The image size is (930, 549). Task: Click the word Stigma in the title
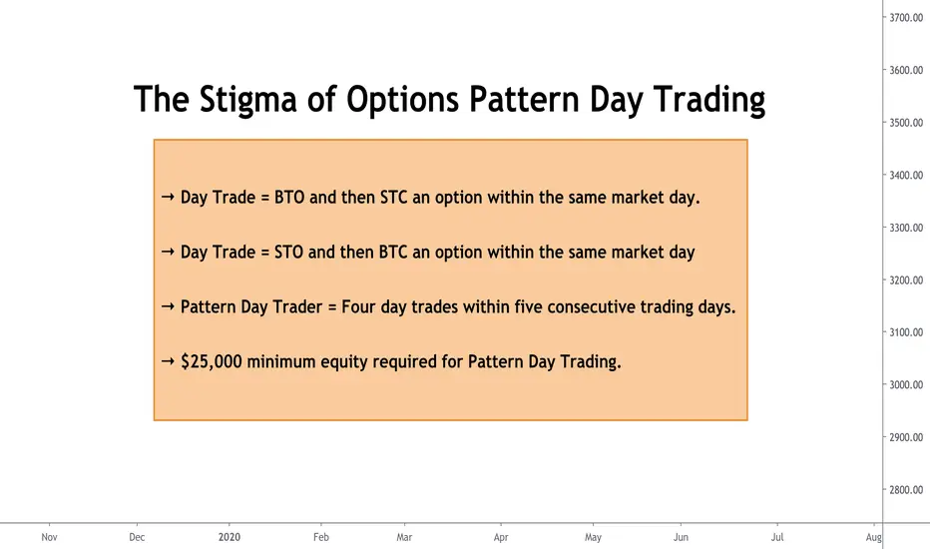pyautogui.click(x=247, y=100)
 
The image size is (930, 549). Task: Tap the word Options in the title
pyautogui.click(x=402, y=100)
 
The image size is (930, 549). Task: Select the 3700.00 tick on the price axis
pyautogui.click(x=906, y=18)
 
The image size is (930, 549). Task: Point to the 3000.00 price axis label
pyautogui.click(x=906, y=384)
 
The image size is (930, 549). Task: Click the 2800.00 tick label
pyautogui.click(x=906, y=490)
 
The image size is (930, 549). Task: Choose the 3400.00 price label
pyautogui.click(x=906, y=175)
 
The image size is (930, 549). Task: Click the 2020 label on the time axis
pyautogui.click(x=229, y=537)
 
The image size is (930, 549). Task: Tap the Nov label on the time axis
pyautogui.click(x=49, y=537)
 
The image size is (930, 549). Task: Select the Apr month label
pyautogui.click(x=501, y=537)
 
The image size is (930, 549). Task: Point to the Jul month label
pyautogui.click(x=777, y=537)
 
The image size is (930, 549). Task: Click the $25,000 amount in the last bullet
pyautogui.click(x=212, y=361)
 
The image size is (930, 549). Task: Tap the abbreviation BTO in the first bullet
pyautogui.click(x=289, y=197)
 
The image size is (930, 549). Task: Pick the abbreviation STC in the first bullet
pyautogui.click(x=394, y=197)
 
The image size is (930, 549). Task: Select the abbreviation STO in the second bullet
pyautogui.click(x=288, y=252)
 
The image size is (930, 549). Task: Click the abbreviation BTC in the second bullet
pyautogui.click(x=393, y=252)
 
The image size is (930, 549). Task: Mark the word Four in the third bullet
pyautogui.click(x=358, y=306)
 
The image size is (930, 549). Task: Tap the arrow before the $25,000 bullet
pyautogui.click(x=168, y=361)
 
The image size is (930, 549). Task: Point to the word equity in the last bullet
pyautogui.click(x=344, y=362)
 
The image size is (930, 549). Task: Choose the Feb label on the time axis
pyautogui.click(x=321, y=537)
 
